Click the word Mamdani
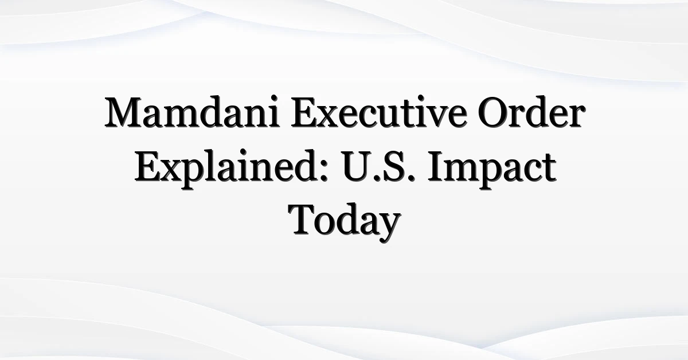point(192,112)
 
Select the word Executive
point(379,112)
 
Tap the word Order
point(531,112)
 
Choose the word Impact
point(492,169)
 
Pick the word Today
point(344,222)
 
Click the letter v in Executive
point(437,117)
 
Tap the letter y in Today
point(388,229)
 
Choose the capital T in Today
point(302,220)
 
